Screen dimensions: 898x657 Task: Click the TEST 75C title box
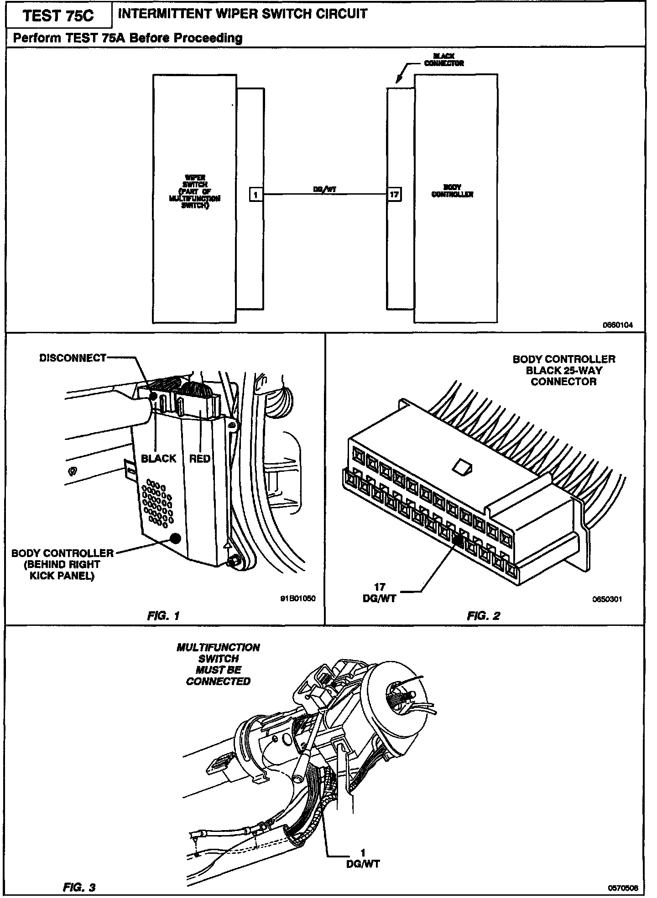click(58, 16)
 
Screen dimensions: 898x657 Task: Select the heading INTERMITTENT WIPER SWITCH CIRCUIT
click(242, 14)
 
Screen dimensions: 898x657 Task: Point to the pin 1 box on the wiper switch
click(255, 195)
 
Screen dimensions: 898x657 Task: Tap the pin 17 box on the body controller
click(394, 195)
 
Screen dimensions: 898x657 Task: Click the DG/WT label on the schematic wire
click(325, 190)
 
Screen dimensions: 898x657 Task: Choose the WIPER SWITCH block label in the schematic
click(195, 191)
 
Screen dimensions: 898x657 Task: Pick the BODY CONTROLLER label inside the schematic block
click(452, 191)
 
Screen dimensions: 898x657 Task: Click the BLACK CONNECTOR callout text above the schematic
click(443, 60)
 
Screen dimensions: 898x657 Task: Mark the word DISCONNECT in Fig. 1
click(73, 358)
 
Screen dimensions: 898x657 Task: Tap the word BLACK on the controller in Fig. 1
click(158, 458)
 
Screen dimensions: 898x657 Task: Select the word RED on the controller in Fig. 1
click(200, 458)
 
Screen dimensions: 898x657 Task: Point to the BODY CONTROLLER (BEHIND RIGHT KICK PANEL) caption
click(62, 564)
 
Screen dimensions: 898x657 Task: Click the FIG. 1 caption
click(163, 616)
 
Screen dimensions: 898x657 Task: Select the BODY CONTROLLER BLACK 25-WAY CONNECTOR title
click(564, 370)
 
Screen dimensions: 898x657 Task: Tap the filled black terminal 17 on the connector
click(458, 541)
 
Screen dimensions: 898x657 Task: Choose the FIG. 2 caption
click(483, 616)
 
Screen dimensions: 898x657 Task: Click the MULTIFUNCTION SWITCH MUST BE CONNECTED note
click(218, 664)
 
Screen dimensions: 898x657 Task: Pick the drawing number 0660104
click(618, 325)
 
